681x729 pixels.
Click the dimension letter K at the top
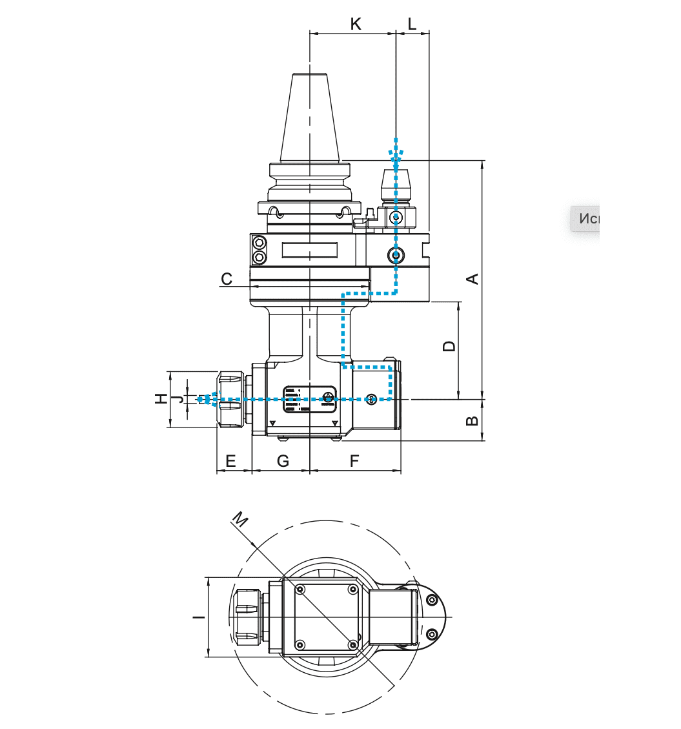355,24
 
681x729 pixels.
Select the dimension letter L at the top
412,24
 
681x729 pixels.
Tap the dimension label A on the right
473,279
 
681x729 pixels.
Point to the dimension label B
473,420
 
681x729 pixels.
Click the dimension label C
227,279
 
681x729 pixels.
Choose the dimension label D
449,346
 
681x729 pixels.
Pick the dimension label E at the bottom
230,461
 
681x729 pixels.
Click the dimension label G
282,461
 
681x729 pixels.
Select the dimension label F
354,461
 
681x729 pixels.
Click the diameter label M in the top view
240,520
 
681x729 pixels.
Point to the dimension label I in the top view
199,617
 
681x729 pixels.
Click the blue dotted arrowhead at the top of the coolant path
396,152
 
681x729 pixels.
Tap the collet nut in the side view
230,399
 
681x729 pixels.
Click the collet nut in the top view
247,617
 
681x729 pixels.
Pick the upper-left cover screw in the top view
300,589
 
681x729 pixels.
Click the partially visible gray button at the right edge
585,218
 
